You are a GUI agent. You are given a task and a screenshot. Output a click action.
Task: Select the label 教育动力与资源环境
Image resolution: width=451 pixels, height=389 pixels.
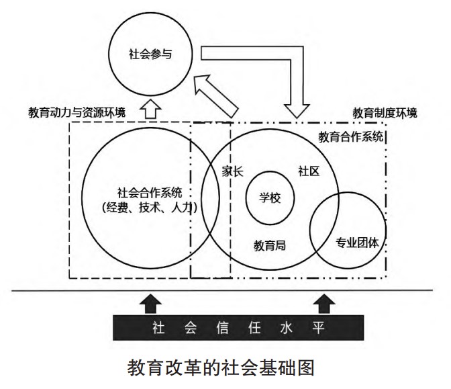click(x=77, y=112)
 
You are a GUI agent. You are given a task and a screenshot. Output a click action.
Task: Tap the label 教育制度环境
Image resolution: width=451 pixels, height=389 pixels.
click(x=385, y=112)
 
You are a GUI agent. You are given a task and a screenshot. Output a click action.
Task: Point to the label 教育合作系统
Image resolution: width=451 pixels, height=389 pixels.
click(x=350, y=138)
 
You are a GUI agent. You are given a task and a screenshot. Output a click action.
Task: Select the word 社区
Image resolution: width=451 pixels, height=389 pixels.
click(x=308, y=171)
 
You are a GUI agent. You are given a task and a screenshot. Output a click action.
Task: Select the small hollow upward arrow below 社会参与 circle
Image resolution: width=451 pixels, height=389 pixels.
click(x=150, y=108)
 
